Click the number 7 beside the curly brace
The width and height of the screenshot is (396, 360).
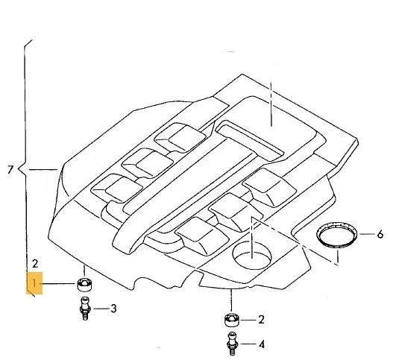pyautogui.click(x=10, y=170)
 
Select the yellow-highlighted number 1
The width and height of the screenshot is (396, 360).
pyautogui.click(x=34, y=283)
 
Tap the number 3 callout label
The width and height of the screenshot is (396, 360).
pyautogui.click(x=113, y=309)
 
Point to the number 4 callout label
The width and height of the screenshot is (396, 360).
pyautogui.click(x=262, y=344)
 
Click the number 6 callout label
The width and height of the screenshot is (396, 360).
pyautogui.click(x=380, y=235)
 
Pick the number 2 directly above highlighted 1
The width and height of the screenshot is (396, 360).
pyautogui.click(x=35, y=264)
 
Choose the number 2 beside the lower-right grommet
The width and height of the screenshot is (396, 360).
pyautogui.click(x=261, y=320)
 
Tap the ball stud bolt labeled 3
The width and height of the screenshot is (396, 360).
pyautogui.click(x=85, y=309)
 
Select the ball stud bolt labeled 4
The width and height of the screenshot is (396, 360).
pyautogui.click(x=233, y=344)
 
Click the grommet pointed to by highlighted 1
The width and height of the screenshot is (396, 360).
pyautogui.click(x=84, y=284)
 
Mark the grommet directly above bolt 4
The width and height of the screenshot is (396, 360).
pyautogui.click(x=232, y=320)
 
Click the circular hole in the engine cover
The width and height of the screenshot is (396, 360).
pyautogui.click(x=252, y=255)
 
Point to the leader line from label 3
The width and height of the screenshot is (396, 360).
pyautogui.click(x=101, y=309)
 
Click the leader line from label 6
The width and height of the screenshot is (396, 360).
pyautogui.click(x=367, y=234)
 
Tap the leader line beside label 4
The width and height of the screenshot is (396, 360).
pyautogui.click(x=248, y=344)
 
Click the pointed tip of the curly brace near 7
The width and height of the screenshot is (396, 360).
pyautogui.click(x=19, y=169)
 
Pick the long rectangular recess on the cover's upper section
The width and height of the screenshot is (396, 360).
pyautogui.click(x=250, y=141)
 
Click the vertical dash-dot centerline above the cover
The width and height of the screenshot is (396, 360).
pyautogui.click(x=271, y=104)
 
